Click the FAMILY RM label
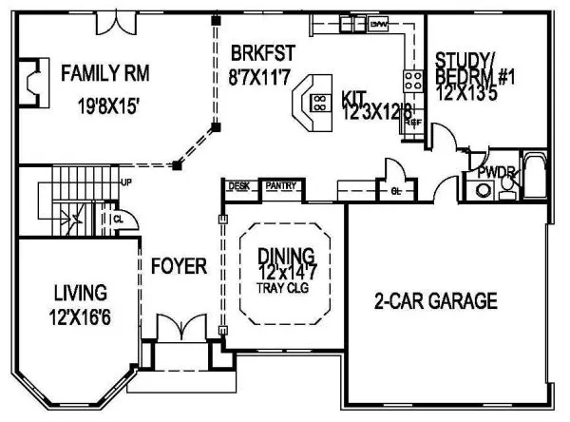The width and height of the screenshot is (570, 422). pyautogui.click(x=105, y=71)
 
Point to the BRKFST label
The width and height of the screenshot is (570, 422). pyautogui.click(x=251, y=51)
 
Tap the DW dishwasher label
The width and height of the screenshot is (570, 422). pyautogui.click(x=378, y=23)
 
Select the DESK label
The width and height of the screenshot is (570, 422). pyautogui.click(x=239, y=185)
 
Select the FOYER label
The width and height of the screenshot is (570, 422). pyautogui.click(x=179, y=267)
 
